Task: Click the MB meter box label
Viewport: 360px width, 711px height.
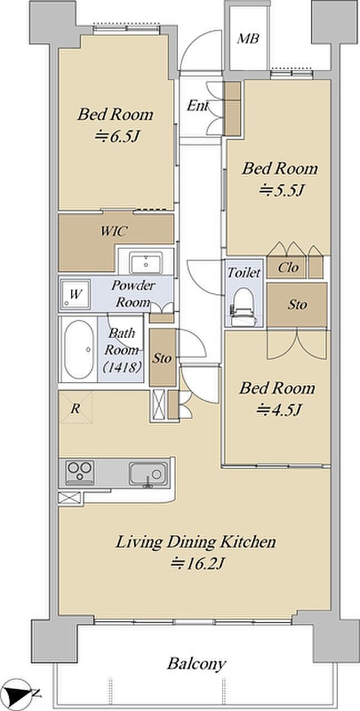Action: tap(248, 39)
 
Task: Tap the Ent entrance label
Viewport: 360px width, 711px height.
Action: tap(197, 106)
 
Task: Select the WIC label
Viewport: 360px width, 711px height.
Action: tap(114, 231)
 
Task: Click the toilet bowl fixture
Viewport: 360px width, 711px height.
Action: tap(244, 307)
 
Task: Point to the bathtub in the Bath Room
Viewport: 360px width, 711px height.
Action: tap(79, 349)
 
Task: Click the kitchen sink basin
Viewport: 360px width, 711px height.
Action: tap(148, 474)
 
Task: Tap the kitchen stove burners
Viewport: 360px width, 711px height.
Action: tap(79, 473)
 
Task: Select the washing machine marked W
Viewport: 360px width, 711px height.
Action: tap(75, 294)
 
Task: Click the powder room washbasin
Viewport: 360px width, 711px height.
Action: tap(146, 263)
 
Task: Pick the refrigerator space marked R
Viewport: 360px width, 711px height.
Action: tap(75, 408)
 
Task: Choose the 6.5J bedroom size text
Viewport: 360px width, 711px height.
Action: tap(117, 137)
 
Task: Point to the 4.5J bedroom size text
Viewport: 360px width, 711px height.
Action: tap(279, 410)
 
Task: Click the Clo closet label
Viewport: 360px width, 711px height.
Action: tap(288, 268)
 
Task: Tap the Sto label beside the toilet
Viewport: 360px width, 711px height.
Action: tap(297, 304)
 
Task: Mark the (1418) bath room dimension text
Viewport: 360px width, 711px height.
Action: tap(122, 367)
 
